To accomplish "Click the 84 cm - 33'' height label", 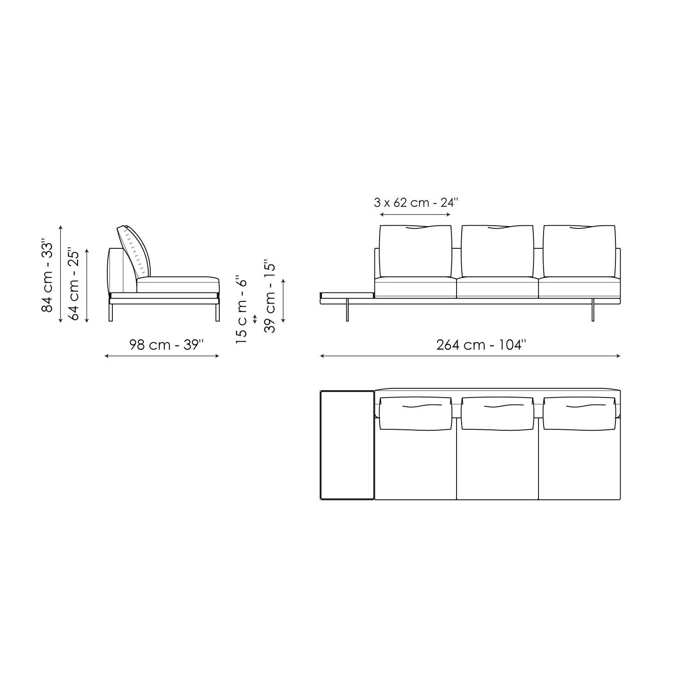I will tap(47, 275).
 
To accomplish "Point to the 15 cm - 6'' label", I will tap(241, 310).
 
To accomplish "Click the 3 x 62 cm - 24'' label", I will tap(416, 202).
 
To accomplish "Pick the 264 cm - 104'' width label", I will tap(480, 345).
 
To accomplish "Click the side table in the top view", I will tap(347, 445).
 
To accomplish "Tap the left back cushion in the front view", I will tap(415, 251).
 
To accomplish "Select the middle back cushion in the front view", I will tap(497, 251).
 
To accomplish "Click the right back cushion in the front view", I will tap(579, 251).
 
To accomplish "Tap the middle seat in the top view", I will tap(497, 465).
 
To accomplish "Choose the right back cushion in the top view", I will tap(579, 413).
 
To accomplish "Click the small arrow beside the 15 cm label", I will tap(255, 319).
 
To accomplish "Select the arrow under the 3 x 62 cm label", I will tap(416, 215).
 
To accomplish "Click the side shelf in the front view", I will tap(347, 295).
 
